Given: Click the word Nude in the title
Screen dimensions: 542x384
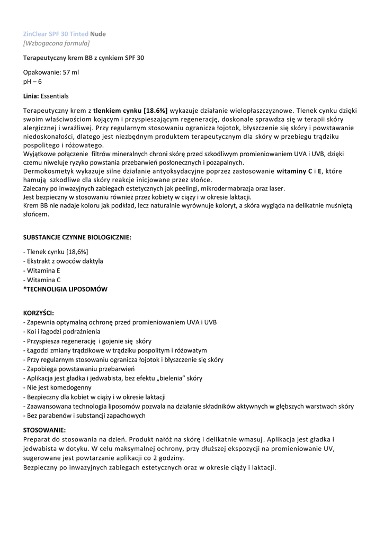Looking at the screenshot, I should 98,34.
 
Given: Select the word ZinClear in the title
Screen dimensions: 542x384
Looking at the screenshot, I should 35,34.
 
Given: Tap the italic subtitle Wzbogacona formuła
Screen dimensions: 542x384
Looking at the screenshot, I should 57,43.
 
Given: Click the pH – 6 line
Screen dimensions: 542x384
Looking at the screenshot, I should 33,82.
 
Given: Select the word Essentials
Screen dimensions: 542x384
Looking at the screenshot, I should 55,96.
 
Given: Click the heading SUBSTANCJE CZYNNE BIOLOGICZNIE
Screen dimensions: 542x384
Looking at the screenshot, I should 77,238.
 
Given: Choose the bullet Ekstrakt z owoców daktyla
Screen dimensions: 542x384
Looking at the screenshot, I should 64,261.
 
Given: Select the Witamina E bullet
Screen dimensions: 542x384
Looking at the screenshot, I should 42,270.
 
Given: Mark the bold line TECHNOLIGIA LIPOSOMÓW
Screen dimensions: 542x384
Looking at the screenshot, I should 66,289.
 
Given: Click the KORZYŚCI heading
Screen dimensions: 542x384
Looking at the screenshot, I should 39,313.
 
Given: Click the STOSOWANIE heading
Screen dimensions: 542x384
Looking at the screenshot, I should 45,430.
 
